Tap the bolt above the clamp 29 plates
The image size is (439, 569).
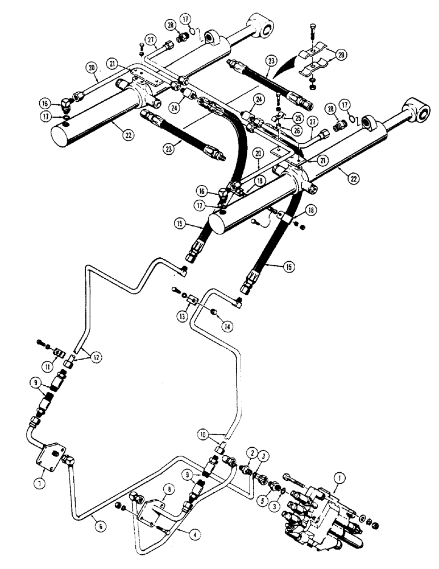pyautogui.click(x=314, y=31)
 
